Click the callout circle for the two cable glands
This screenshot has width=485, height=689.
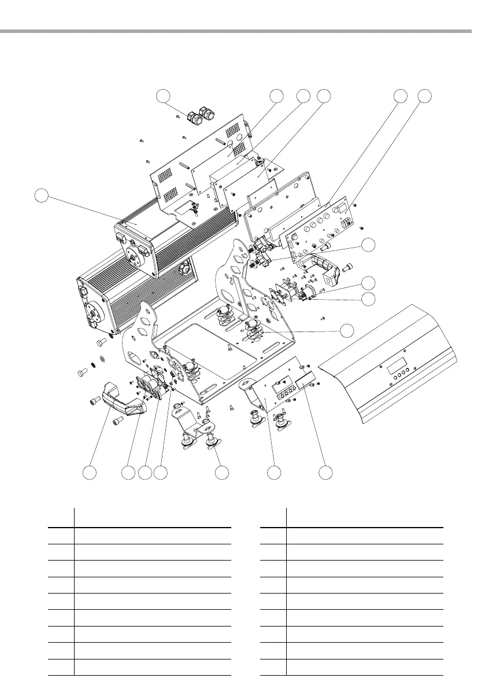click(x=165, y=97)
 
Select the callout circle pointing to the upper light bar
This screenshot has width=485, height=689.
click(x=41, y=196)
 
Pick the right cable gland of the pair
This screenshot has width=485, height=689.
click(x=205, y=113)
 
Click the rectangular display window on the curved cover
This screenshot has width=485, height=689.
click(x=395, y=365)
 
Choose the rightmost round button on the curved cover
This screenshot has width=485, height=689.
click(x=413, y=369)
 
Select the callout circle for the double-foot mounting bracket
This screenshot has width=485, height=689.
click(x=220, y=472)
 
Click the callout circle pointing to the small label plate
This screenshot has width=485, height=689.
click(x=327, y=472)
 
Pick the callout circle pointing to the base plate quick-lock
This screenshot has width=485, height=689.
click(x=346, y=330)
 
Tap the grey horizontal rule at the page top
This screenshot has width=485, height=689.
click(x=242, y=31)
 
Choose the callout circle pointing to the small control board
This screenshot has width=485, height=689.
click(x=275, y=472)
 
